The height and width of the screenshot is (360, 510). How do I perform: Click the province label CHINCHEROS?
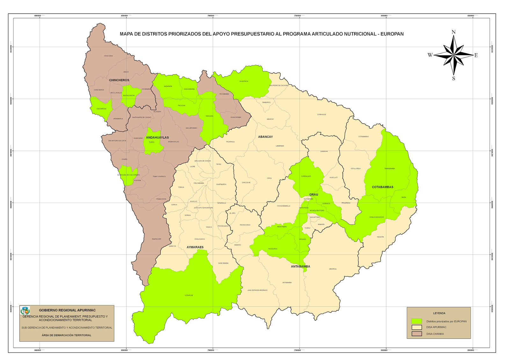119,80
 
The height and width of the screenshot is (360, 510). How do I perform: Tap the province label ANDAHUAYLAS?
157,137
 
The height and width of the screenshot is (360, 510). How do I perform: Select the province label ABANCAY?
266,137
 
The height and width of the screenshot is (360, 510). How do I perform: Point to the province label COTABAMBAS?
382,187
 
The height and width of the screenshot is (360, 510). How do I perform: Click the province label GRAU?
314,194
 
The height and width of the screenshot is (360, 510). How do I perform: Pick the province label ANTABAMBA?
300,266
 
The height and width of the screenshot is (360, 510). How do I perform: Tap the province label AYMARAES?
195,247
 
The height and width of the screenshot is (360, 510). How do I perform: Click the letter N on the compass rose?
454,32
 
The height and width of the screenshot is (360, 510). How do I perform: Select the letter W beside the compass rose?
430,55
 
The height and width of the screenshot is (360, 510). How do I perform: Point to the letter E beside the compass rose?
476,55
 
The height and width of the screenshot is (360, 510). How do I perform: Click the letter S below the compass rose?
454,79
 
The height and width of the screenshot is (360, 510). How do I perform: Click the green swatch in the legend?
417,321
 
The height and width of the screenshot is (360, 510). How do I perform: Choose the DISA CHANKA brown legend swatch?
417,334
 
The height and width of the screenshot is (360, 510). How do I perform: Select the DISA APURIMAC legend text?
436,327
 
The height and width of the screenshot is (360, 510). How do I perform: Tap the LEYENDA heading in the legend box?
439,313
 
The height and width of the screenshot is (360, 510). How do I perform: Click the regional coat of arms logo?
25,310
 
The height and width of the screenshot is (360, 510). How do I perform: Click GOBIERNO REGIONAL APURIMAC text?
67,310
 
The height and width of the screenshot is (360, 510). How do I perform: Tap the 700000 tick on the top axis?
211,16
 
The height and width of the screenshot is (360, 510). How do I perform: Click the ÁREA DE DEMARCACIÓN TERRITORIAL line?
66,335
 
